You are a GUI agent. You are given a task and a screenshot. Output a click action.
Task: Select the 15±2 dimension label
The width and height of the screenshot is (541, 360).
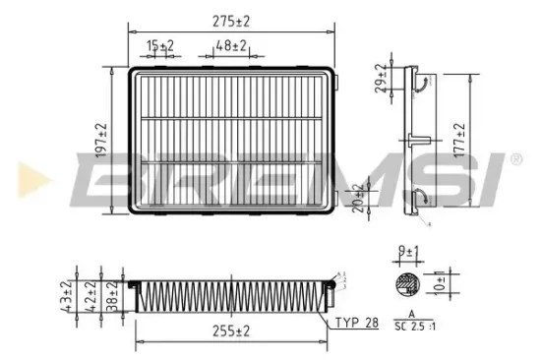(x=160, y=46)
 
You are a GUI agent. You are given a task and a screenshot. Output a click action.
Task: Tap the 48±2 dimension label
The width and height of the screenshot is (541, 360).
(x=232, y=46)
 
